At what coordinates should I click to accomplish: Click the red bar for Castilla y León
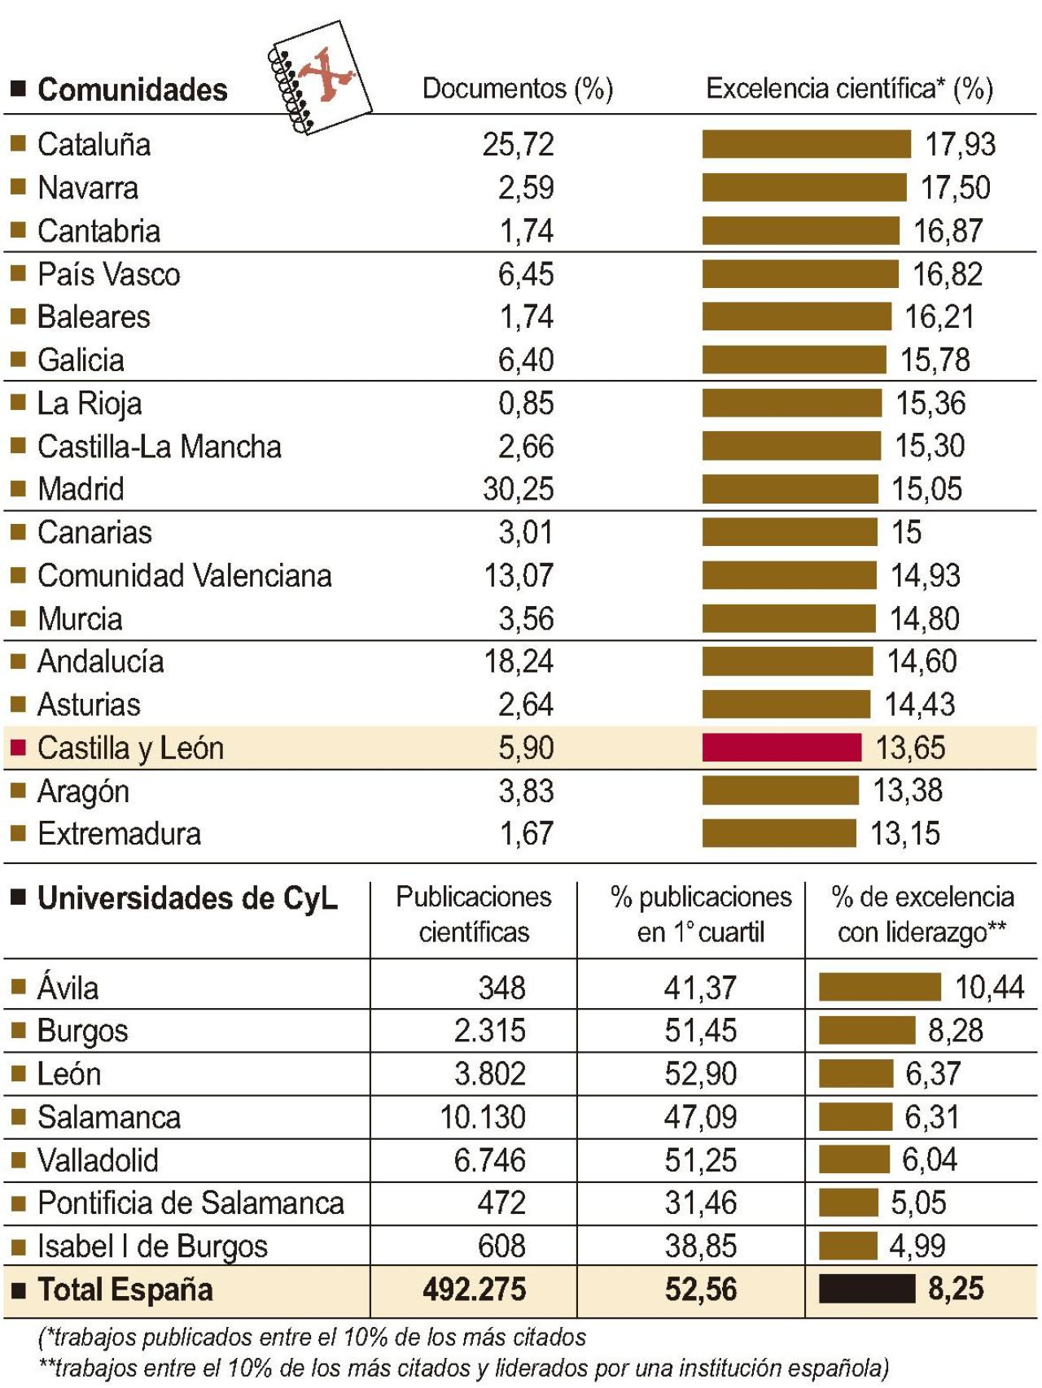pos(781,747)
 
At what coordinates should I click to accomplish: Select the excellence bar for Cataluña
pos(806,144)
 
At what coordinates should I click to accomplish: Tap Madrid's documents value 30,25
pos(518,489)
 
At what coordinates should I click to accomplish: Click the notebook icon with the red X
pos(319,77)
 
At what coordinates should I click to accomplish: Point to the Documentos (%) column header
pos(518,89)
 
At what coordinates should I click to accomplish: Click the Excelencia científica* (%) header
pos(849,89)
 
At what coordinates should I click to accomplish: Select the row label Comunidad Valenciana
pos(185,576)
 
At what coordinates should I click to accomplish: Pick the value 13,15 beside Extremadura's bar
pos(905,833)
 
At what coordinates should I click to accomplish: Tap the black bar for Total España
pos(867,1289)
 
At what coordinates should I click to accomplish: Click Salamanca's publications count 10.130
pos(483,1117)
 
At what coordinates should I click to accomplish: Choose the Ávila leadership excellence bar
pos(879,987)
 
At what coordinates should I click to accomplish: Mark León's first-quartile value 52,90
pos(700,1074)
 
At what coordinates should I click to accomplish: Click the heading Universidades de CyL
pos(187,898)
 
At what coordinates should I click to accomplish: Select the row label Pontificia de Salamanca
pos(190,1203)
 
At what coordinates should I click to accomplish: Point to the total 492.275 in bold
pos(475,1290)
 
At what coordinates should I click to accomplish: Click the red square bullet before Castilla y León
pos(18,747)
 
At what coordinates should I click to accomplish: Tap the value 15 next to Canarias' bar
pos(906,532)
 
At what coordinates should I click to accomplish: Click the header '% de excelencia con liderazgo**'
pos(922,914)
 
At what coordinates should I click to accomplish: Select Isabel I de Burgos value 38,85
pos(700,1246)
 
